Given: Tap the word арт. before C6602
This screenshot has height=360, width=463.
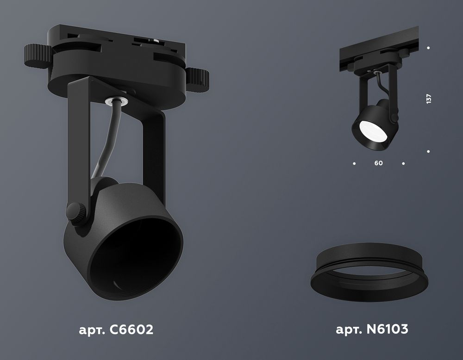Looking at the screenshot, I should coord(92,330).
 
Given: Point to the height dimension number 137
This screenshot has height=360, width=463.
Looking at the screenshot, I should coord(428,99).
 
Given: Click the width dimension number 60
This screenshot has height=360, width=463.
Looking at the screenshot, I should coord(379,163).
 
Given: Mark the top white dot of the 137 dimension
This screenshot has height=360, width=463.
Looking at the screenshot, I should coord(428,48).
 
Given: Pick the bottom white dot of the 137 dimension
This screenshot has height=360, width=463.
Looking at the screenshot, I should coord(428,151).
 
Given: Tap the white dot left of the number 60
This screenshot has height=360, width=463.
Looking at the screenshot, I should coord(354,163).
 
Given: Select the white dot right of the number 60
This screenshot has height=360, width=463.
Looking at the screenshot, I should coord(404,163).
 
